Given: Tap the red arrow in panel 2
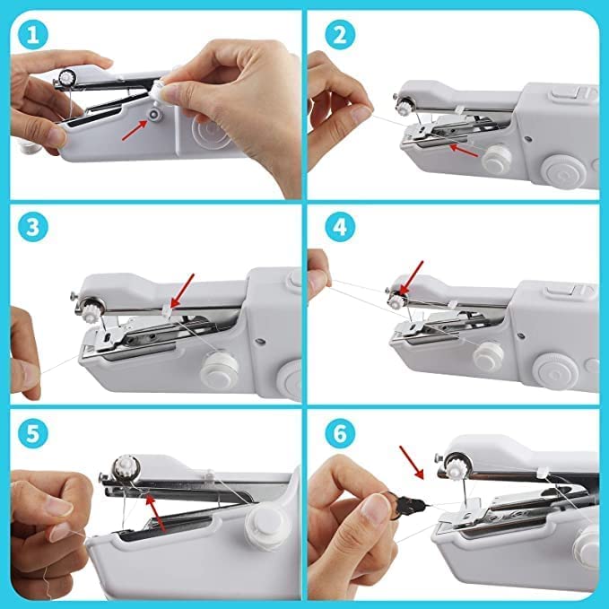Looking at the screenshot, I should (x=464, y=147).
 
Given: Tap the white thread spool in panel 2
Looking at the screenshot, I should (x=496, y=159).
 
